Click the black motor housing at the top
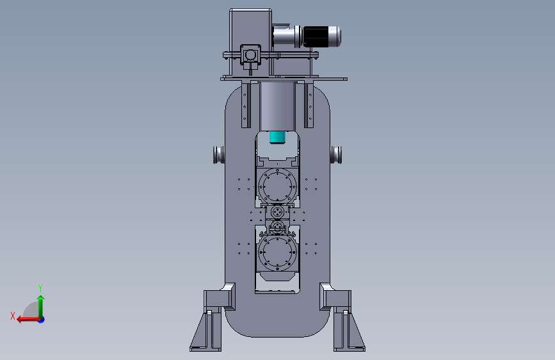317,37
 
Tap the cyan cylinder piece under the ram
278,138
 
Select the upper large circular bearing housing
278,186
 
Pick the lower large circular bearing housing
278,252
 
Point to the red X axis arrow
29,319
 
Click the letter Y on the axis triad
40,288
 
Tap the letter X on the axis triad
13,316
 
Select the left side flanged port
219,155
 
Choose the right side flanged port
336,155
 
